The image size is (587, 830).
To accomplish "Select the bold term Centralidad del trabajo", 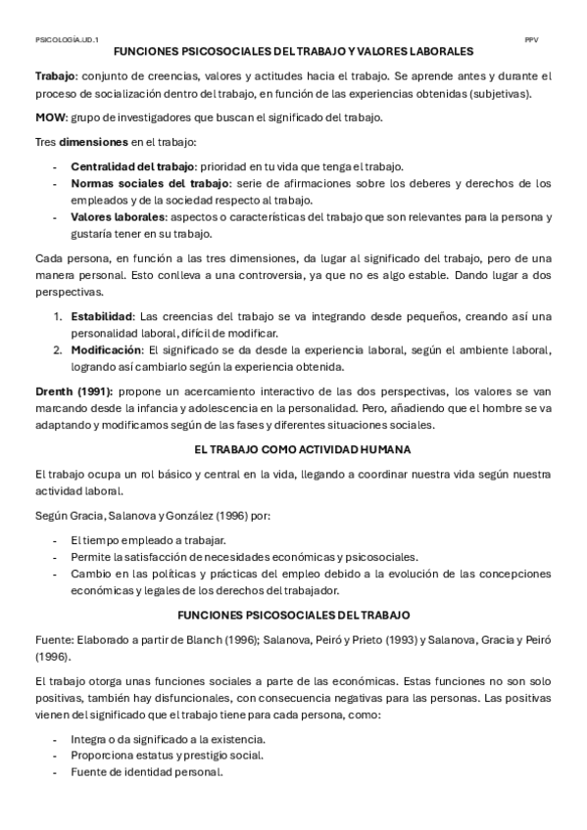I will tap(132, 165).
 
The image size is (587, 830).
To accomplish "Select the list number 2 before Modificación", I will tap(57, 349).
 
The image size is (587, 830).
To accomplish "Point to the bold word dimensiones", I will tap(93, 142).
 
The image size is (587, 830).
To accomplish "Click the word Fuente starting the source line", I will tap(53, 640).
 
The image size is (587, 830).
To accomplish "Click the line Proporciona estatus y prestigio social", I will tap(167, 755).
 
